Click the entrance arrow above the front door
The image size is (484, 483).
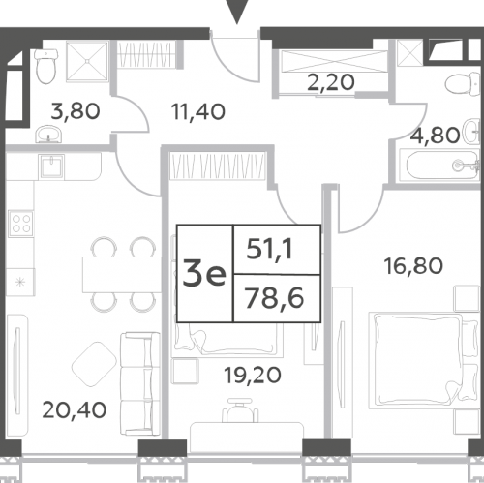(237, 12)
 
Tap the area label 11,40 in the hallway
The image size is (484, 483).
(198, 112)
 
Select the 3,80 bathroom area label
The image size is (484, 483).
(76, 111)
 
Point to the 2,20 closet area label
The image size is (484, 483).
(331, 82)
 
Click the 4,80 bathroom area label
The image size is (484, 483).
(435, 136)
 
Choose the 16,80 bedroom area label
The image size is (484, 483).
(413, 267)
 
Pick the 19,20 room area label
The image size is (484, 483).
(253, 376)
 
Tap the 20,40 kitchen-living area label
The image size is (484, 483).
(74, 410)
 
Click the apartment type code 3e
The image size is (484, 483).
(204, 274)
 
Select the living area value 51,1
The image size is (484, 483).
(269, 250)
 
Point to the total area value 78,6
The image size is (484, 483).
(275, 298)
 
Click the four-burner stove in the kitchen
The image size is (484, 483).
(21, 224)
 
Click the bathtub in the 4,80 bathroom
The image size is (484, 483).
(439, 166)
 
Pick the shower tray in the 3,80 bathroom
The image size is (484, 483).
(87, 61)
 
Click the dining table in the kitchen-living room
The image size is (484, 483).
(122, 275)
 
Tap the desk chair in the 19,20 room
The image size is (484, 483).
(240, 410)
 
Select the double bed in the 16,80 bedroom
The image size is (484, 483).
(423, 360)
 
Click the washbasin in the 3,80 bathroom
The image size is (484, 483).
(48, 134)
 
